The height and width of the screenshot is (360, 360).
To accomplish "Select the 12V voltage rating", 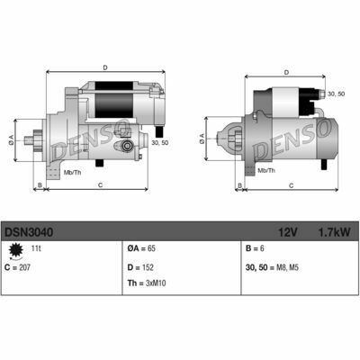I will [x=285, y=232].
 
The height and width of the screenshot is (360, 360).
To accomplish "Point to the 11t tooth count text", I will [x=37, y=248].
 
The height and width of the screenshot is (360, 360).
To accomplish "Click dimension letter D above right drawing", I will [x=285, y=72].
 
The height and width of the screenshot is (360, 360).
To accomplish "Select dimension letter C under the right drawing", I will [x=291, y=184].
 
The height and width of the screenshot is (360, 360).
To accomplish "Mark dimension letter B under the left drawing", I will [x=38, y=184].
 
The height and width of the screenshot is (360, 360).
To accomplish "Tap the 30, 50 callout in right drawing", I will [x=335, y=93].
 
